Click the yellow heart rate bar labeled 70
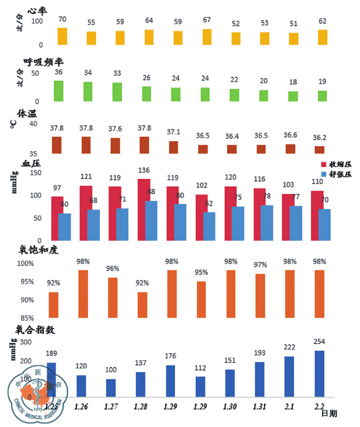click(62, 36)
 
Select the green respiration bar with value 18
click(293, 96)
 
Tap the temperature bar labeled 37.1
click(173, 147)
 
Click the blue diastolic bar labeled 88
click(151, 221)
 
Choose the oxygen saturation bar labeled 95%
click(201, 299)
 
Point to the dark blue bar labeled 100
click(111, 388)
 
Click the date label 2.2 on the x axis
click(319, 406)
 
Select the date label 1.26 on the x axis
click(81, 406)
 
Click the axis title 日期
click(329, 414)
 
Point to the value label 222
click(289, 347)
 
